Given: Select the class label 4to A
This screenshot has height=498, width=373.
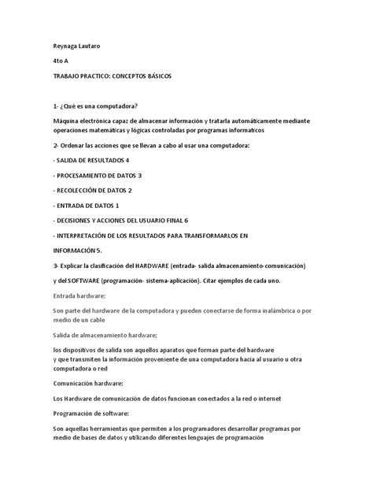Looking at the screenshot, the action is point(57,60).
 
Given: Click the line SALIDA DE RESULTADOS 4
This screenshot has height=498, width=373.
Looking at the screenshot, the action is point(95,160).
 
